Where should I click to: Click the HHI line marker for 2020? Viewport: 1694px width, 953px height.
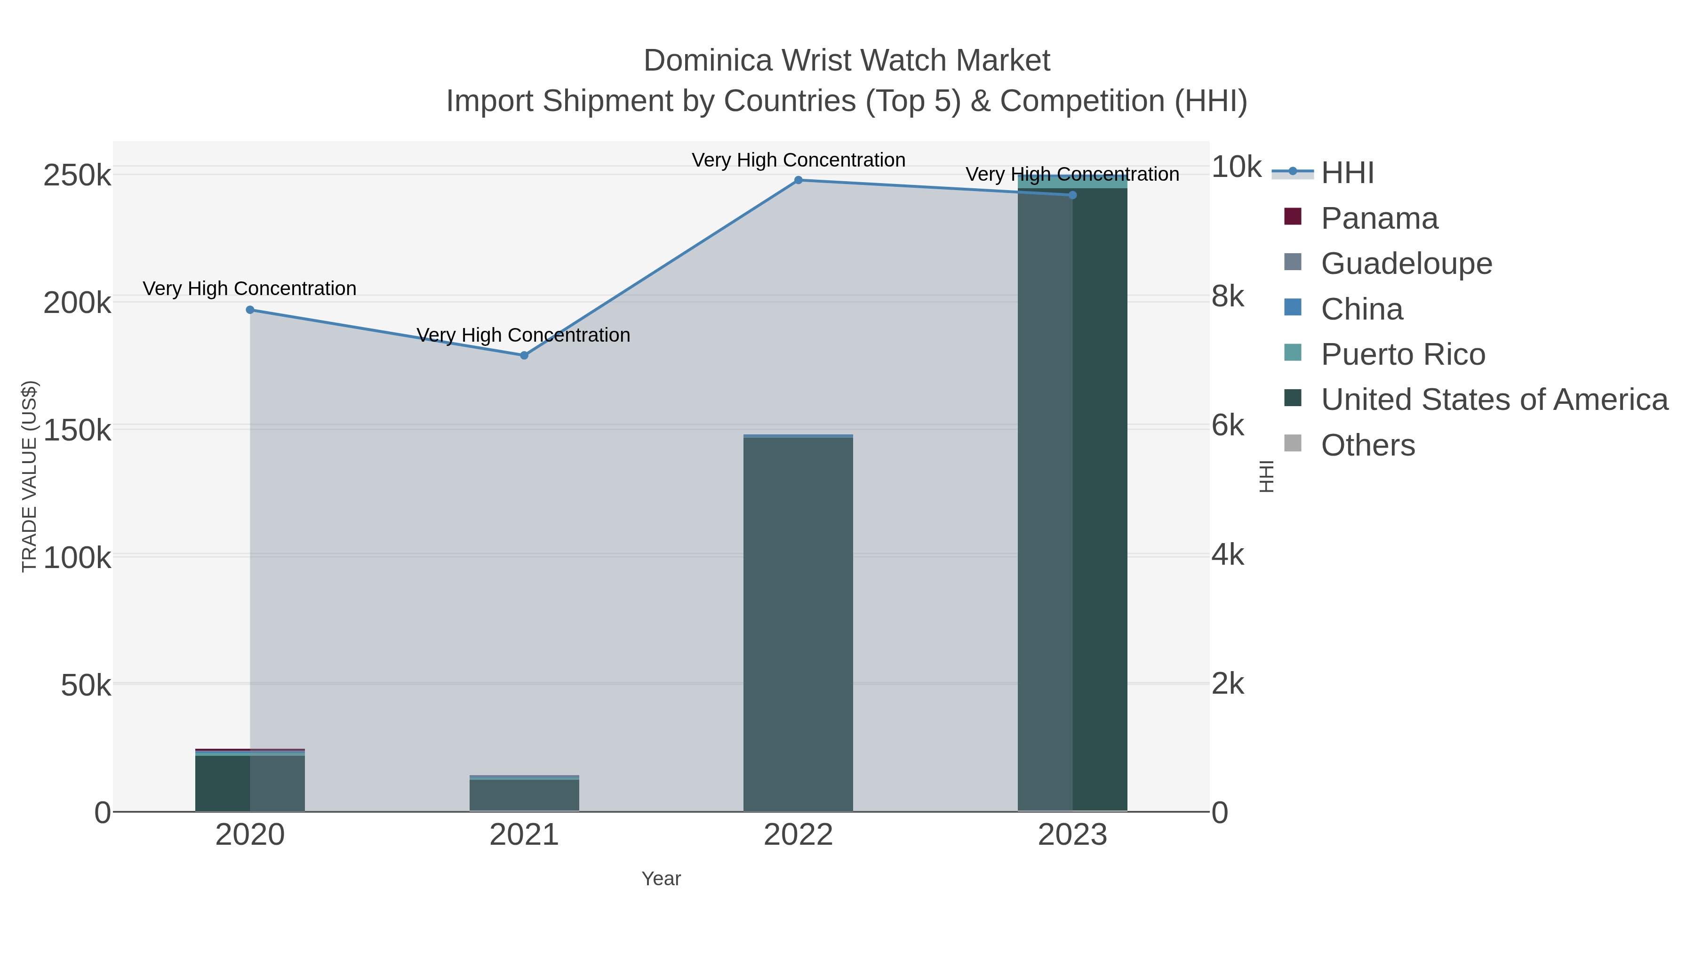pyautogui.click(x=250, y=310)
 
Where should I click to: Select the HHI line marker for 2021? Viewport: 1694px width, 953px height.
pyautogui.click(x=524, y=355)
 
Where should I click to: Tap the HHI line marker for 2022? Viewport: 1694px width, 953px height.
pyautogui.click(x=799, y=180)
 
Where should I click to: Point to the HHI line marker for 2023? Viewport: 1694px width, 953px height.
pyautogui.click(x=1072, y=195)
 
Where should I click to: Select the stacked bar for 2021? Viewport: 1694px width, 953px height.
pyautogui.click(x=524, y=794)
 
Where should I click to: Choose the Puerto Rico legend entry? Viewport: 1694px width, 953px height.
pyautogui.click(x=1402, y=354)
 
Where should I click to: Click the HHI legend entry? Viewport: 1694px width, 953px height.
pyautogui.click(x=1347, y=173)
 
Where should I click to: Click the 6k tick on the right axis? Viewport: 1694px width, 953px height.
pyautogui.click(x=1228, y=426)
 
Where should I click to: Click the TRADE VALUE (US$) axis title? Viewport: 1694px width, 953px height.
pyautogui.click(x=30, y=476)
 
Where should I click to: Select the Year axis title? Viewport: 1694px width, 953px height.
pyautogui.click(x=661, y=879)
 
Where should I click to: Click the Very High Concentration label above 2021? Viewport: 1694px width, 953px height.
pyautogui.click(x=523, y=336)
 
